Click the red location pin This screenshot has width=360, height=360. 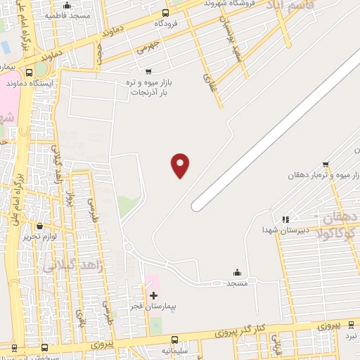tap(181, 165)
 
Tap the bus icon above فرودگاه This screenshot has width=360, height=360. tap(165, 13)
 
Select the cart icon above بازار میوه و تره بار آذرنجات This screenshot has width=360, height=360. tap(148, 71)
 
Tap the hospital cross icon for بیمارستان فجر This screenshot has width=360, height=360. tap(153, 295)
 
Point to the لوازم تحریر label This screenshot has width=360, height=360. tap(39, 236)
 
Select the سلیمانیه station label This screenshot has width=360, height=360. tap(175, 349)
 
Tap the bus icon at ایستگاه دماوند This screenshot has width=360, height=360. tap(29, 72)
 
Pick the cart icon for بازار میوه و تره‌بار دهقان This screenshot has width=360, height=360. tap(325, 164)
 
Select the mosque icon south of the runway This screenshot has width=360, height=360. tap(237, 272)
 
